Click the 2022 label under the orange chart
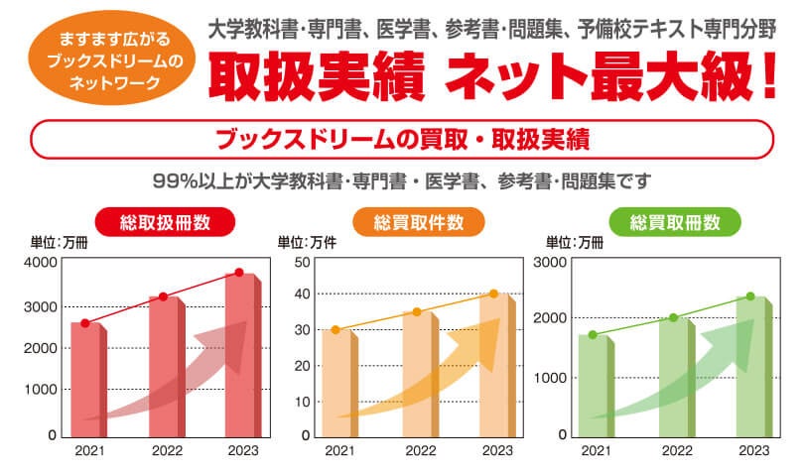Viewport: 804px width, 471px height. click(x=417, y=451)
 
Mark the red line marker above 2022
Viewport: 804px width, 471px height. click(x=164, y=296)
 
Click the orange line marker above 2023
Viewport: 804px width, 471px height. click(x=494, y=294)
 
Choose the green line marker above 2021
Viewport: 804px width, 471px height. click(x=593, y=335)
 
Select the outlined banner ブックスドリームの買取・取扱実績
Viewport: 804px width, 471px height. click(x=402, y=138)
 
